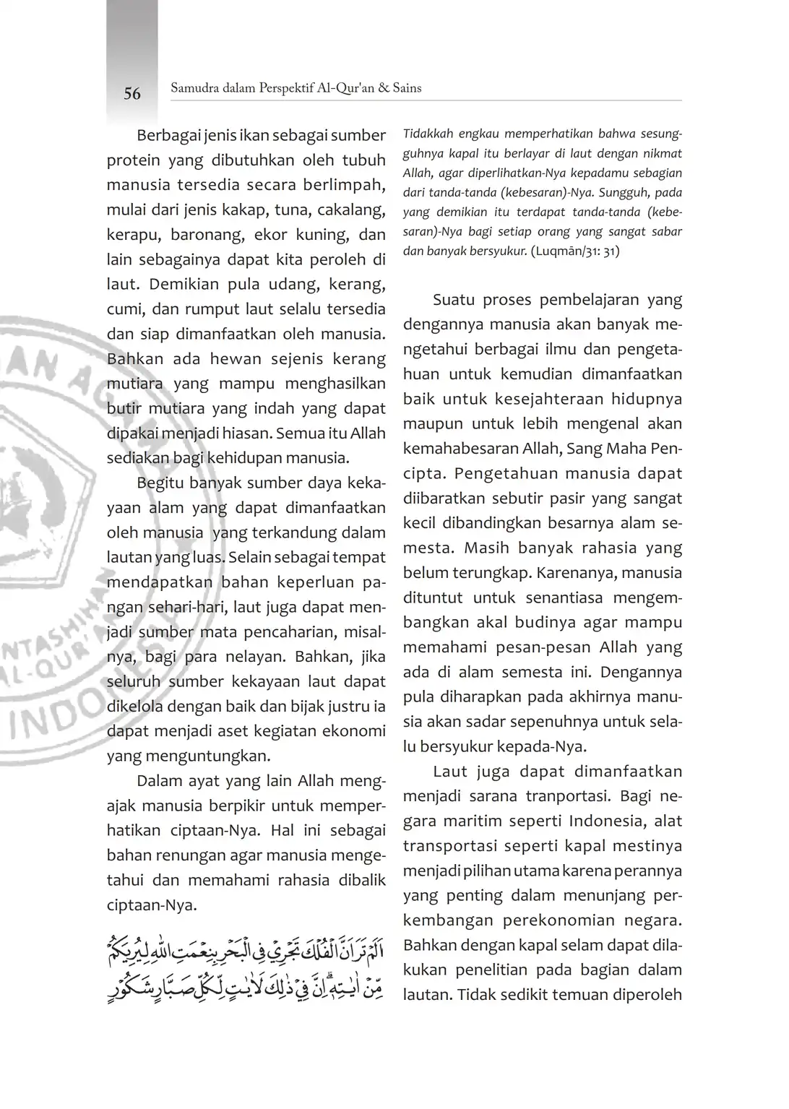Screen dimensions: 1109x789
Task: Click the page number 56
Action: coord(132,94)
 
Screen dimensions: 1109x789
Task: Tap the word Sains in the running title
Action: coord(407,88)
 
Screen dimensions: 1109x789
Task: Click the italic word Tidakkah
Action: coord(428,134)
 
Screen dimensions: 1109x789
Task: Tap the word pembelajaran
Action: coord(579,300)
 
